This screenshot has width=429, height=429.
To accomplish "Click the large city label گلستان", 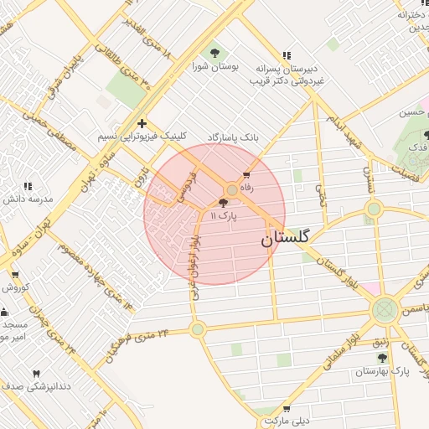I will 285,237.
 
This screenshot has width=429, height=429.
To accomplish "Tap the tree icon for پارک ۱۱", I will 223,203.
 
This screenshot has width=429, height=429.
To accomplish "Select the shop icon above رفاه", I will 246,175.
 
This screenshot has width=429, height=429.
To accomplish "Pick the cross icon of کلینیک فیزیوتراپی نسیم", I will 142,123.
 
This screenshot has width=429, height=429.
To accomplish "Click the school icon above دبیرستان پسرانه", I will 290,52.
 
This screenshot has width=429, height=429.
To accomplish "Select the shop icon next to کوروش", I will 14,274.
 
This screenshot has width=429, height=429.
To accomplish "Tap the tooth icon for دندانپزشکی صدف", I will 36,374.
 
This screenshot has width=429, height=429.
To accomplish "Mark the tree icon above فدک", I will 426,134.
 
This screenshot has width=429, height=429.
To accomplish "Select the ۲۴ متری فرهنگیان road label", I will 137,345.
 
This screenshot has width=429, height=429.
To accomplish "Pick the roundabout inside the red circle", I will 231,190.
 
